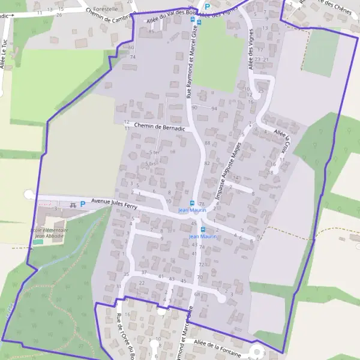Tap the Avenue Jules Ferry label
coord(114,203)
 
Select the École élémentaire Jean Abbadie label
coord(49,233)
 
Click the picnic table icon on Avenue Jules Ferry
coord(73,205)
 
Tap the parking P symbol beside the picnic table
coord(82,205)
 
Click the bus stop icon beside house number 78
coord(192,203)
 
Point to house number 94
coord(214,108)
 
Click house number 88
coord(208,143)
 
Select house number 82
coord(207,163)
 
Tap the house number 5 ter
coord(154,152)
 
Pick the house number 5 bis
coord(151,163)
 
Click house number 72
coord(202,264)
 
